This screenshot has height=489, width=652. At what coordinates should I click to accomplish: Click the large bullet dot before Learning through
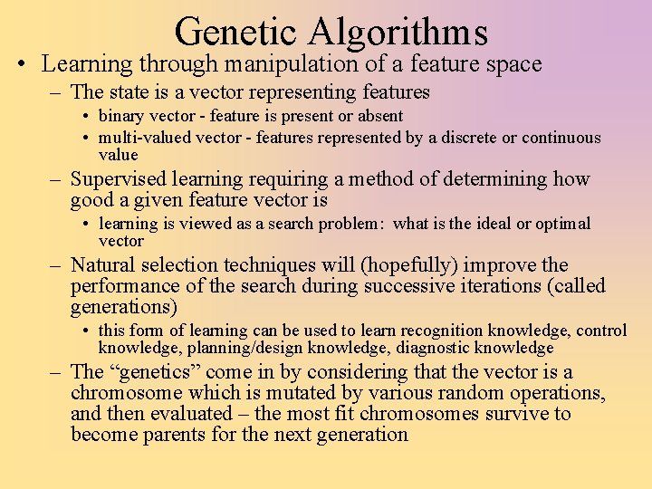tap(21, 65)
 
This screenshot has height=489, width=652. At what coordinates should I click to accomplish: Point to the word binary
tap(120, 116)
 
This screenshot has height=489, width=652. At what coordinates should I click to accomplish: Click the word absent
tap(379, 116)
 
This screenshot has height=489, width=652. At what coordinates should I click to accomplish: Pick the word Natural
tap(101, 265)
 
